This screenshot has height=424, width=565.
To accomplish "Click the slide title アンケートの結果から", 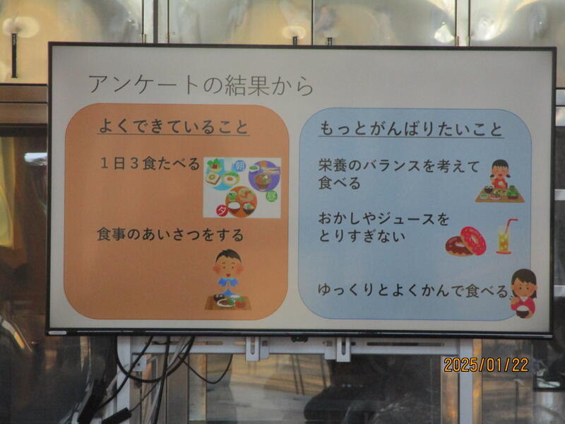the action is [201, 86].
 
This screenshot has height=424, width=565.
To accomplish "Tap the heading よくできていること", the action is [173, 126].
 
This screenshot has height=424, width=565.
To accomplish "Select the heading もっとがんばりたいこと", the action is [411, 129].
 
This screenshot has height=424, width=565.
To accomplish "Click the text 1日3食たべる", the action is [150, 164].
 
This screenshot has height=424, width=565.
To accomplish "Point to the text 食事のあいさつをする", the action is [170, 235].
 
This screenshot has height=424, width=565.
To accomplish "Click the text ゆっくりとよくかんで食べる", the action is [412, 290].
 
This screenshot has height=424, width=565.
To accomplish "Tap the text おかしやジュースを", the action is [383, 219].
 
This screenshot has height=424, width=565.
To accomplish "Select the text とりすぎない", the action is [362, 236].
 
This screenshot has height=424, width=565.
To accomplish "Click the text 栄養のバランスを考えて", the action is [399, 165].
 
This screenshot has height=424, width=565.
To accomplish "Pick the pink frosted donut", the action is [473, 240].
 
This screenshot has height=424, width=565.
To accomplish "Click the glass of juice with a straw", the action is [505, 236].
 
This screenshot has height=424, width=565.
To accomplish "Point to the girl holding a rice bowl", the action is [523, 293].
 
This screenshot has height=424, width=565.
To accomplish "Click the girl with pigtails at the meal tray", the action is [500, 181].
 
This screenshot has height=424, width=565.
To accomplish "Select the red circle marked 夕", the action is [222, 211].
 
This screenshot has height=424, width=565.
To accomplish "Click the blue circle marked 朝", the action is [239, 165].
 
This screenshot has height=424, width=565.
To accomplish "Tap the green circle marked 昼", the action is [271, 196].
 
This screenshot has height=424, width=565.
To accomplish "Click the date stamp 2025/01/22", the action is [486, 365].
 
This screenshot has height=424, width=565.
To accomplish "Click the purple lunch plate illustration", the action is [264, 175].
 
